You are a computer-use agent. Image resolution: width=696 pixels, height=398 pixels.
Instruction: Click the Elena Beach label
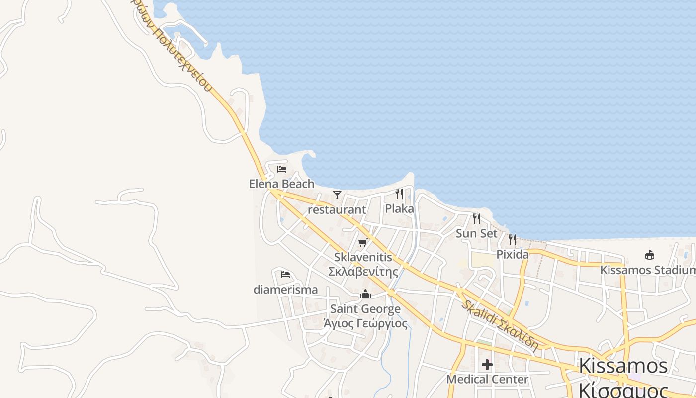point(281,184)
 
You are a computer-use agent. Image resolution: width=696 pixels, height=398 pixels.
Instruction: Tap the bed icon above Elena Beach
point(282,169)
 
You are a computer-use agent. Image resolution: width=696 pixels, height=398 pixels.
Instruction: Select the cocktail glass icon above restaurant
point(337,195)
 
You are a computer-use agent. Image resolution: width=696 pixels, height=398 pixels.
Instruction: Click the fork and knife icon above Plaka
point(399,194)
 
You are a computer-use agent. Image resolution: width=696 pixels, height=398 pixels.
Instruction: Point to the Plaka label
point(399,208)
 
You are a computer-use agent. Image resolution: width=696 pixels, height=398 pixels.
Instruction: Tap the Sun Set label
point(476,233)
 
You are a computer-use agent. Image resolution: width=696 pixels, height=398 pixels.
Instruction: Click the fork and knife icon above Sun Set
point(476,218)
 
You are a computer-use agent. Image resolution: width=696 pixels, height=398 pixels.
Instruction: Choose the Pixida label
point(513,254)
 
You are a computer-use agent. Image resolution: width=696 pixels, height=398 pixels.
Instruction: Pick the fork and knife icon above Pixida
point(513,240)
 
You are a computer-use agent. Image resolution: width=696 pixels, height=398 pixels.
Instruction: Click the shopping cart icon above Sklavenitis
point(363,243)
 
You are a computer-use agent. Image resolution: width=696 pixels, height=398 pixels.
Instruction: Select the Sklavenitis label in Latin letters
point(363,257)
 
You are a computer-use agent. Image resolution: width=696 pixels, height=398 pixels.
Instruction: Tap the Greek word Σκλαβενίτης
point(363,272)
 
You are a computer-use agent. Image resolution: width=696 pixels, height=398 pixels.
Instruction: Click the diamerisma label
point(285,289)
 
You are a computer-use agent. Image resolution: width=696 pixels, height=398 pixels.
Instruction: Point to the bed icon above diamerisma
point(285,275)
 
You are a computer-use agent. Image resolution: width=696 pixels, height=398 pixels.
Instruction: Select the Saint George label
point(365,309)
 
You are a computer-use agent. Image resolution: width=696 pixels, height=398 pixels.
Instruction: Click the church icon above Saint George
point(365,295)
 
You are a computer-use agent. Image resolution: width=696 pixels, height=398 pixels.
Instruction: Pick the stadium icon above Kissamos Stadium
point(649,255)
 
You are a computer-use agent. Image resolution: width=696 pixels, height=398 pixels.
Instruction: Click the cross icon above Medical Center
point(487,365)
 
